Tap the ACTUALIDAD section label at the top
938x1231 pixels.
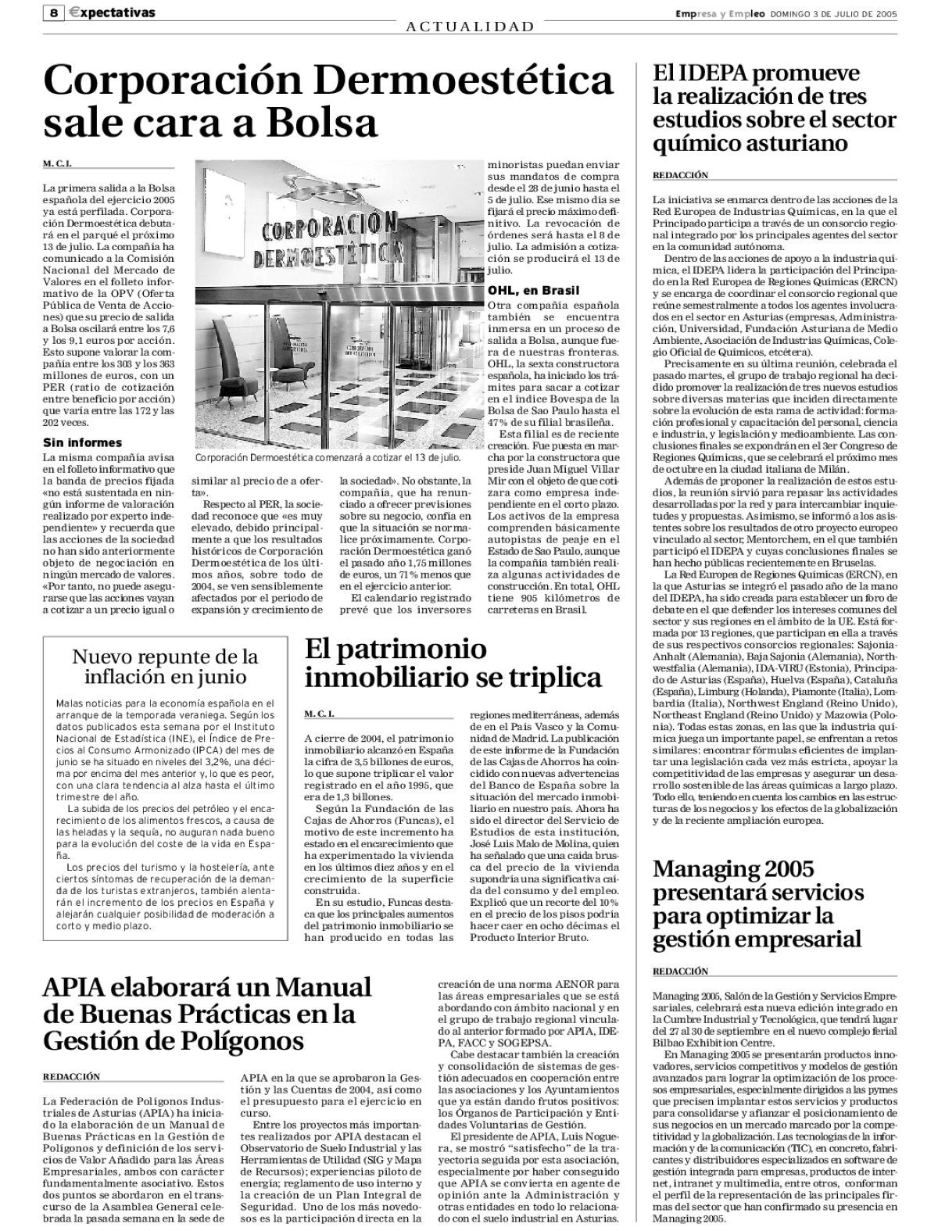click(x=470, y=27)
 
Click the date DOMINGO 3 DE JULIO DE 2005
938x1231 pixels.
click(x=833, y=13)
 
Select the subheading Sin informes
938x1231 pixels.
click(x=82, y=442)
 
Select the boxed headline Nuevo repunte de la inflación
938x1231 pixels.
click(x=165, y=665)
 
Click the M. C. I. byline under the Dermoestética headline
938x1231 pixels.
click(x=62, y=164)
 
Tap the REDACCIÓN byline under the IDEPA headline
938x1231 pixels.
click(x=680, y=175)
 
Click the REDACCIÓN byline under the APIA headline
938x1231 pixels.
click(x=71, y=1076)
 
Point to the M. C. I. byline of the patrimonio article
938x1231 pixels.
click(x=323, y=714)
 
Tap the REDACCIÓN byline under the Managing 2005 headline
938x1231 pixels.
click(x=680, y=971)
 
